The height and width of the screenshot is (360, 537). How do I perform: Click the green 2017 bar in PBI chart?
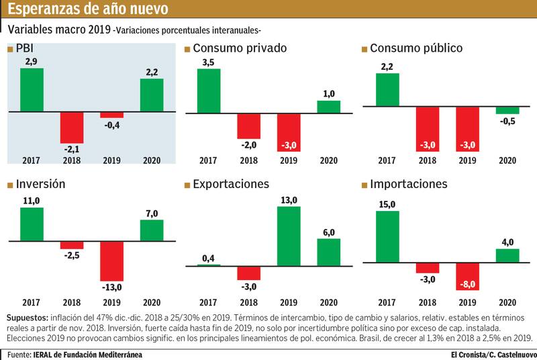(32, 90)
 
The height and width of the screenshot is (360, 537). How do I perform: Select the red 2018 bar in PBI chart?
(72, 128)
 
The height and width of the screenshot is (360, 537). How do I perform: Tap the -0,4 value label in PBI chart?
(111, 126)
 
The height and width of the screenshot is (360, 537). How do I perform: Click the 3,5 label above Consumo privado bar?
(208, 62)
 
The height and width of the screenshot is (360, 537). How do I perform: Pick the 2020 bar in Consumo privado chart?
(329, 107)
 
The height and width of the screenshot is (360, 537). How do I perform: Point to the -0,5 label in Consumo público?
(507, 122)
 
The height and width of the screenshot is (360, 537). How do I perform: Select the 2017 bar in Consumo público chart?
(387, 89)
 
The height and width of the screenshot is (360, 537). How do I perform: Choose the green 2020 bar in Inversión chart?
(152, 230)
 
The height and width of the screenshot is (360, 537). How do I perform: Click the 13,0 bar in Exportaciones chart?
(289, 236)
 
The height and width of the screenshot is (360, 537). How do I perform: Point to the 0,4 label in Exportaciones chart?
(208, 258)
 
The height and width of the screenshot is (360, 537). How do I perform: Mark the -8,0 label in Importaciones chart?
(468, 285)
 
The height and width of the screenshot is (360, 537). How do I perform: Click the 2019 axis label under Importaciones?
(468, 303)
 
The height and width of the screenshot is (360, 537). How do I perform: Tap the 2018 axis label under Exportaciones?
(248, 303)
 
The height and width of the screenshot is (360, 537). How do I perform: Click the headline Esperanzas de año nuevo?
(87, 9)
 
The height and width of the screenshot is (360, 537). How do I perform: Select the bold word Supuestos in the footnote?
(28, 316)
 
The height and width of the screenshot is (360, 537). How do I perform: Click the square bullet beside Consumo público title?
(364, 49)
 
